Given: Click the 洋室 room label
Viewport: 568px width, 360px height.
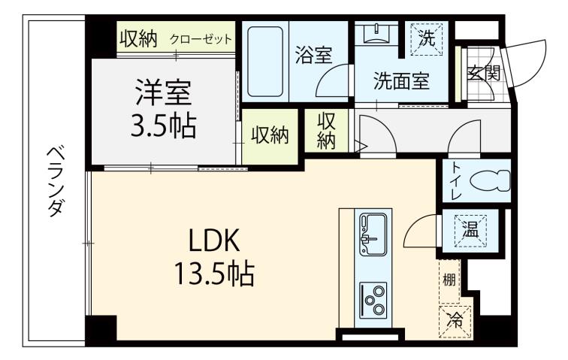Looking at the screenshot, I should click(x=163, y=93).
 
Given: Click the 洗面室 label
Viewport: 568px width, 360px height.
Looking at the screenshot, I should click(x=402, y=81).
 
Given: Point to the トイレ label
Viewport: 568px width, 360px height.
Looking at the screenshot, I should click(x=455, y=180).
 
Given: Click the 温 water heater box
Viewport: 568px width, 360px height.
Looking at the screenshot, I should click(x=470, y=231).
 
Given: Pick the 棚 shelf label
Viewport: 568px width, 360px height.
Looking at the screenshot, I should click(x=449, y=280).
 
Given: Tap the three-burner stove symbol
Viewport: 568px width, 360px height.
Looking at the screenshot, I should click(x=373, y=296).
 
